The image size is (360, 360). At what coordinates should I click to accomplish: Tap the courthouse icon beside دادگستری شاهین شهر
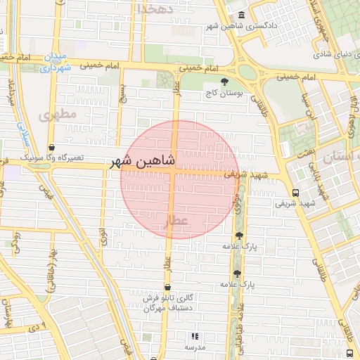(x=242, y=15)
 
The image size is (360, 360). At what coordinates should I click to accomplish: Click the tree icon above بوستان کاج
(x=224, y=82)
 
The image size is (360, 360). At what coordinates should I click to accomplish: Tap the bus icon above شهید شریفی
(x=295, y=192)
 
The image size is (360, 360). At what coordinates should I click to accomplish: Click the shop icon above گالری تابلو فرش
(x=167, y=287)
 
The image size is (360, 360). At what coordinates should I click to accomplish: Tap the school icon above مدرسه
(x=195, y=337)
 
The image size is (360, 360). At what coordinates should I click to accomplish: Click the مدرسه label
(x=195, y=347)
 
